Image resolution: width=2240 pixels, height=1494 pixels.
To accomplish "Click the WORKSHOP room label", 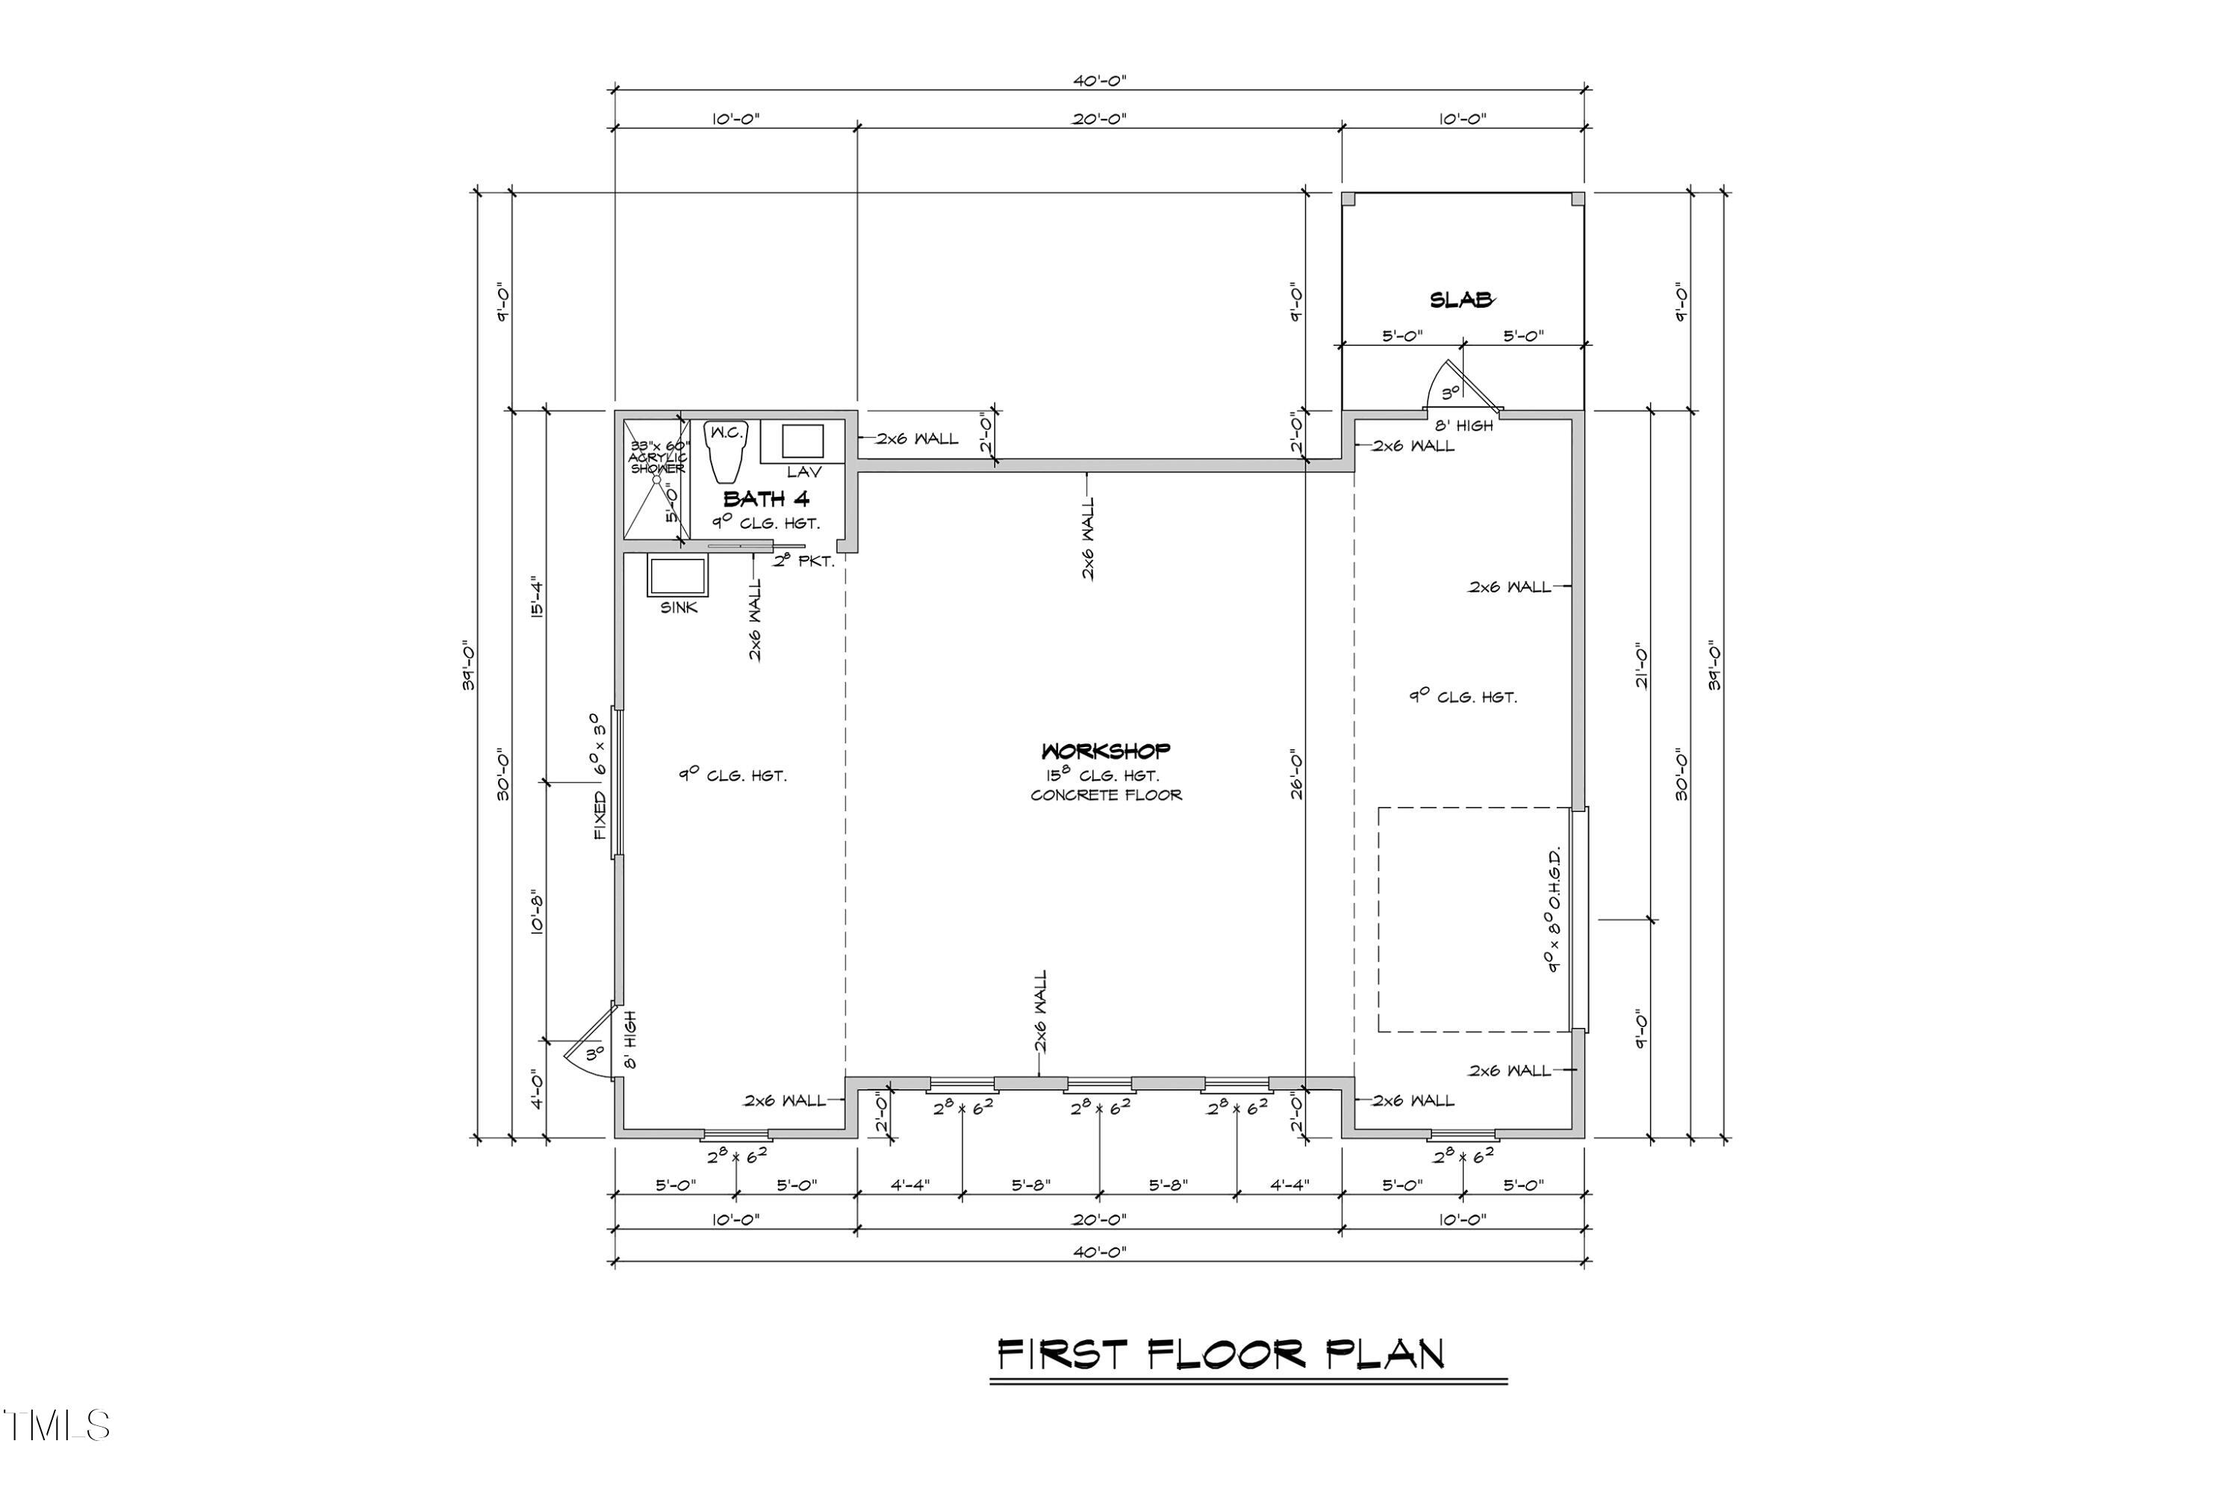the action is coord(1106,751).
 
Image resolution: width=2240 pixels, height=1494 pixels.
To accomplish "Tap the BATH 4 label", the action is coord(767,498).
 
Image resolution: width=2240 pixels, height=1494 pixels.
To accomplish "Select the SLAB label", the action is coord(1461,300).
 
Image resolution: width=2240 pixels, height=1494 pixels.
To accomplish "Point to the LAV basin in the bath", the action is coord(803,441).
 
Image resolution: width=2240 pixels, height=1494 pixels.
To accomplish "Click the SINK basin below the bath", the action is coord(677,577).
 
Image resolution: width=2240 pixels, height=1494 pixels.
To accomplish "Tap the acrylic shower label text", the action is coord(658,457).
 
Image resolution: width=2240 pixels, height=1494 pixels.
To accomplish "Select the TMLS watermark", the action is coord(57,1425).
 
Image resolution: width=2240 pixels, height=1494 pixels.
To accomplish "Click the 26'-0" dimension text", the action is coord(1296,772).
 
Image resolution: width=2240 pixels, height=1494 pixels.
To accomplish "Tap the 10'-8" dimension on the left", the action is coord(536,913).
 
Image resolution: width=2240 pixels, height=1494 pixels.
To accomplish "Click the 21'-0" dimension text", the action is coord(1641,665).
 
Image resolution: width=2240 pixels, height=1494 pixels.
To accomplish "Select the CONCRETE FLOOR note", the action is coord(1106,795).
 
